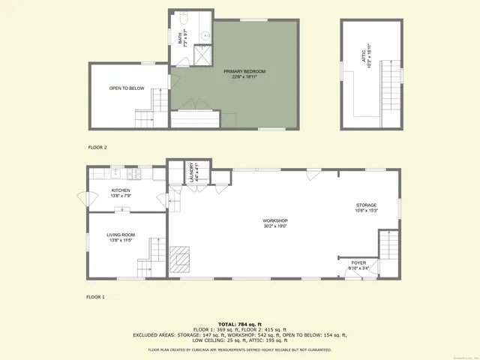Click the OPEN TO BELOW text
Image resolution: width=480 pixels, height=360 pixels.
(x=127, y=88)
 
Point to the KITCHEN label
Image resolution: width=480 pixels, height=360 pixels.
(x=121, y=190)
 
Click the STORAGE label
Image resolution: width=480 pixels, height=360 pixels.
(x=366, y=205)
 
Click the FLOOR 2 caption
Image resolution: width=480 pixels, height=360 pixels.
(x=97, y=147)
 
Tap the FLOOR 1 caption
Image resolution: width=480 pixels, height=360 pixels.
(x=95, y=297)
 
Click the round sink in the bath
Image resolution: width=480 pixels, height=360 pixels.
(x=203, y=33)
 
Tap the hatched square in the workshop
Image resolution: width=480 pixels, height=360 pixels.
(x=180, y=259)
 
